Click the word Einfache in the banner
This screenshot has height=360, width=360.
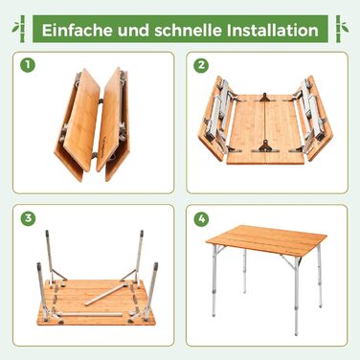click(78, 30)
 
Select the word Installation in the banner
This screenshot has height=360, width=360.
click(273, 30)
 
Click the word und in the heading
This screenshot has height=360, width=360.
click(134, 31)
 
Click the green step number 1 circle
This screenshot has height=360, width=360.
click(28, 65)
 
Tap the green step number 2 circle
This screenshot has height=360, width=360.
click(201, 65)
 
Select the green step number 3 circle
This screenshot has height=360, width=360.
click(28, 218)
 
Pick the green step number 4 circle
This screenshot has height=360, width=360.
click(201, 218)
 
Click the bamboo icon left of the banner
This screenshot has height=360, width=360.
click(21, 29)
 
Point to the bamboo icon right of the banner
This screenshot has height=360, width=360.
click(340, 29)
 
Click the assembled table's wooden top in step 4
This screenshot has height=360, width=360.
click(267, 240)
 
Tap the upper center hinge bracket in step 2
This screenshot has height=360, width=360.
click(264, 98)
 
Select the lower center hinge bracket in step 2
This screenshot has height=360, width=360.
click(264, 146)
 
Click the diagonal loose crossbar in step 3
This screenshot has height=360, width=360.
click(106, 294)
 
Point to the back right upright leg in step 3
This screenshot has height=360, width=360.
click(139, 257)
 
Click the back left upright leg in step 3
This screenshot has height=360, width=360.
click(49, 257)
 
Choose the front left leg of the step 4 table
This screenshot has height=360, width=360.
click(214, 281)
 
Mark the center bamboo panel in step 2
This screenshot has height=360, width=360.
click(265, 129)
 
